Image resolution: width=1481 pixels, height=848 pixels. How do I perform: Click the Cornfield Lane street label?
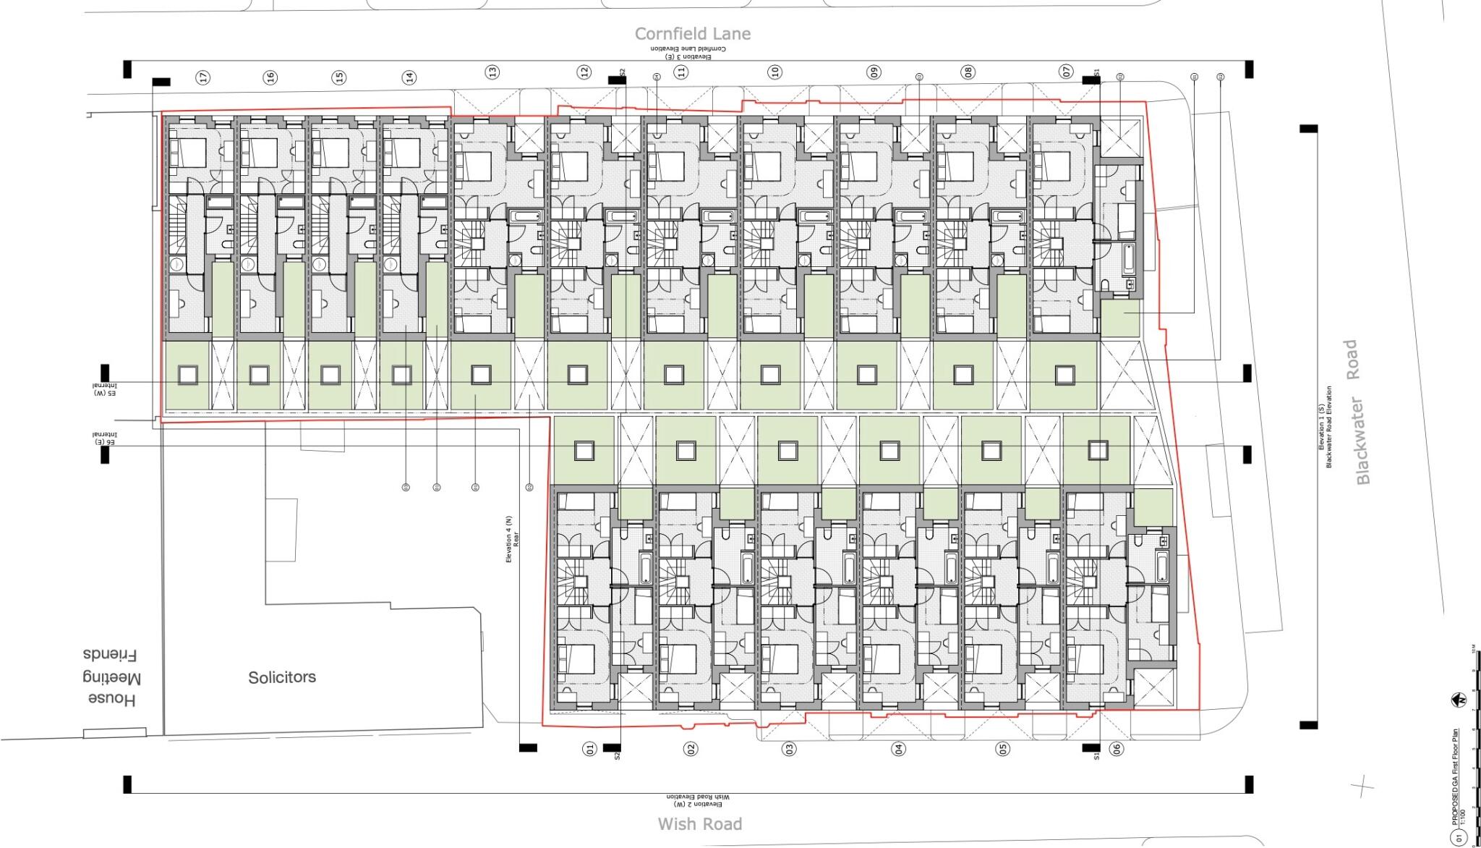coord(693,33)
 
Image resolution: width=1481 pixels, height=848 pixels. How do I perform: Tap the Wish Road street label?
coord(699,823)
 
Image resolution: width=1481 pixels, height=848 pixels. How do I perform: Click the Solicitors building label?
coord(282,677)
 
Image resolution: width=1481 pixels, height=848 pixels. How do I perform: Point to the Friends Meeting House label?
coord(111,677)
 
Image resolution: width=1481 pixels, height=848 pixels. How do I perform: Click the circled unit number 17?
coord(204,77)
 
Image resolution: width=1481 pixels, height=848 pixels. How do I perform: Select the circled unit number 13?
coord(492,72)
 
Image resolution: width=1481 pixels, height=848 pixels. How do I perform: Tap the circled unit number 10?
coord(775,72)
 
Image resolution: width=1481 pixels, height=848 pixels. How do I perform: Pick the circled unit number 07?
coord(1066,72)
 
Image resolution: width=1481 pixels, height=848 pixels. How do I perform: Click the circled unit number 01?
coord(589,748)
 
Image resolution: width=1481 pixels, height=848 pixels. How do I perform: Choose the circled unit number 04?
coord(898,749)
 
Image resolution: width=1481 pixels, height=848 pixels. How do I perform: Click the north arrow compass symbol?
coord(1459,700)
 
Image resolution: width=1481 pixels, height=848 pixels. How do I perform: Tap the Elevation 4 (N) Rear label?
coord(512,539)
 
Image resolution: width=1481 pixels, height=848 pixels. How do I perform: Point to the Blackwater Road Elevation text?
coord(1329,427)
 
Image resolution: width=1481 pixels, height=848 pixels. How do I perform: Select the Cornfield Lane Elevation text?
coord(688,49)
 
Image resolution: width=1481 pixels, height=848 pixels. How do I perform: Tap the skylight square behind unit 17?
coord(187,375)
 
